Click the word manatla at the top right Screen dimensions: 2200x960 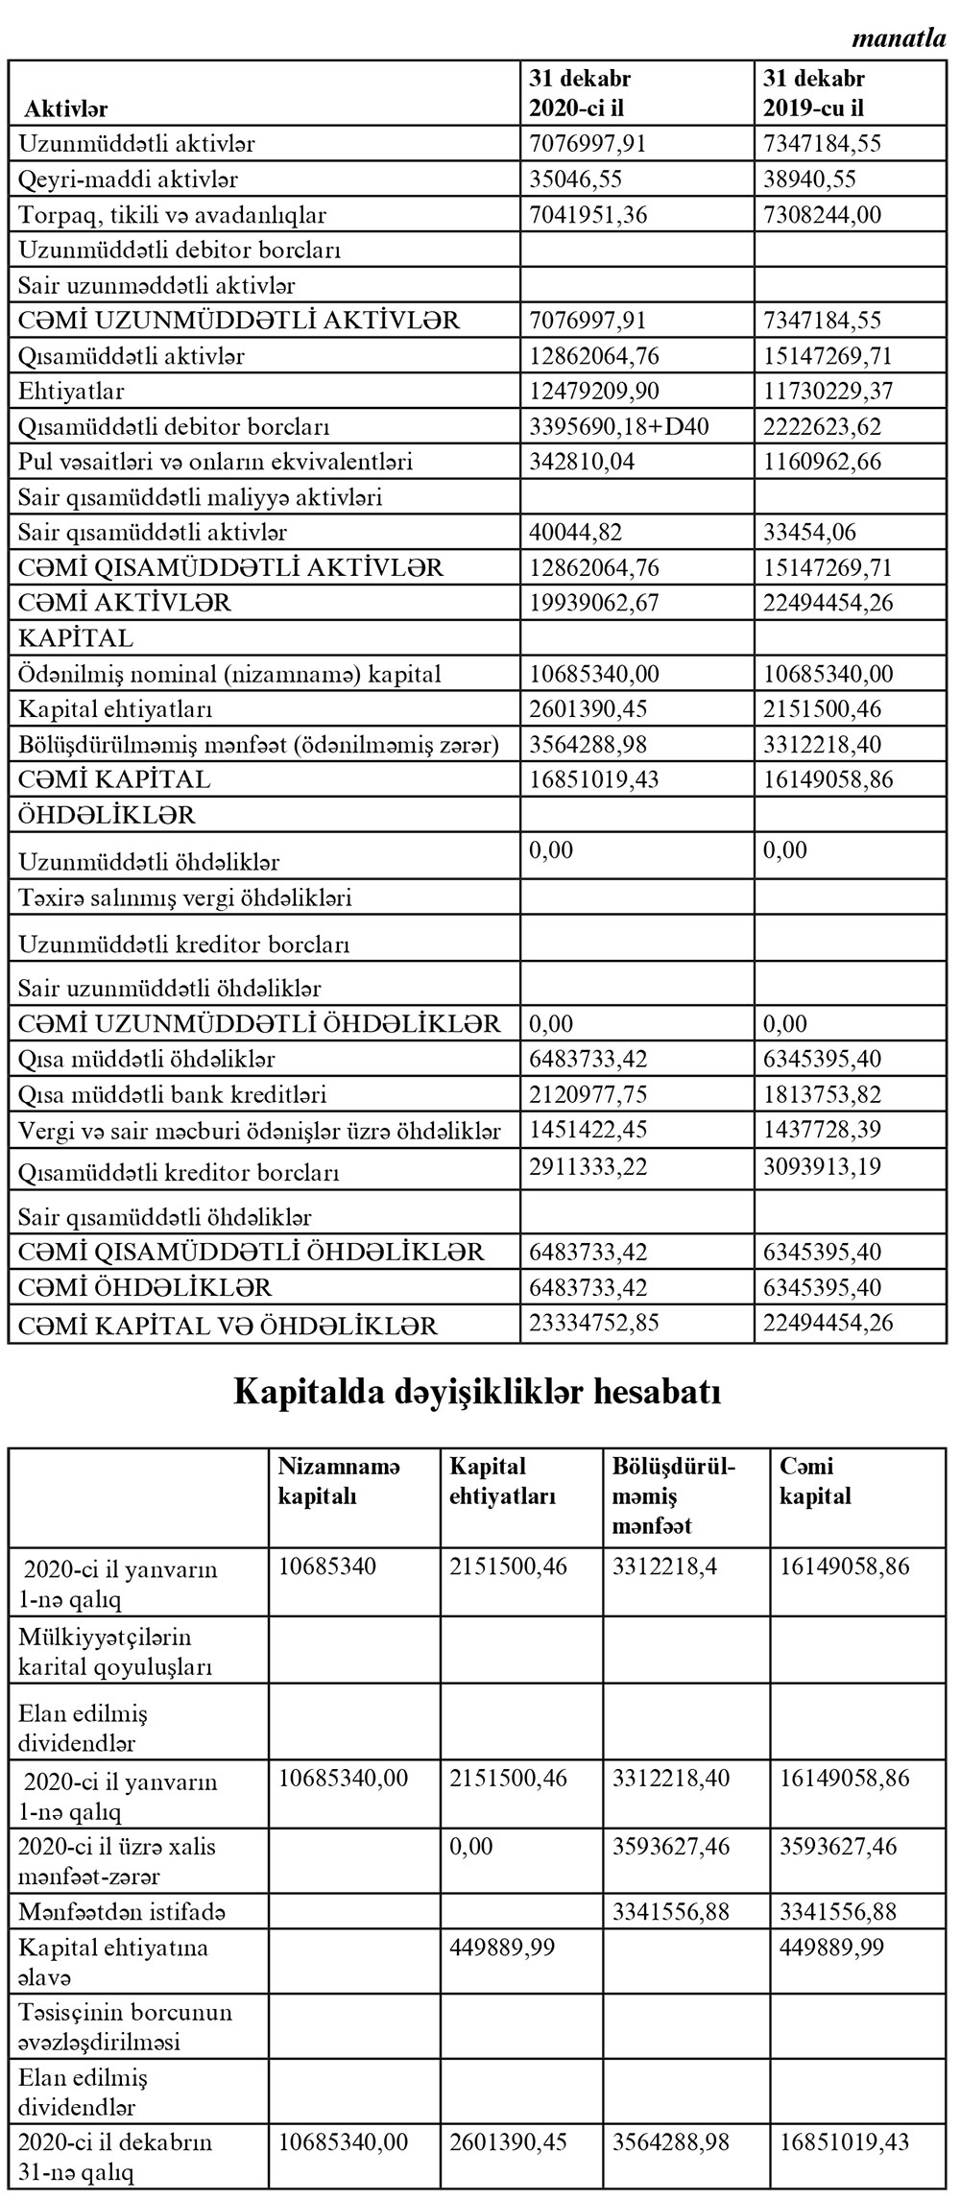tap(899, 40)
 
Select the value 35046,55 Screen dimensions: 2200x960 tap(575, 179)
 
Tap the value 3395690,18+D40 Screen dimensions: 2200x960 tap(619, 426)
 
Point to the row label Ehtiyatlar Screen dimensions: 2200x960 tap(71, 392)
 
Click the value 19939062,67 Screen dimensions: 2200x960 tap(594, 603)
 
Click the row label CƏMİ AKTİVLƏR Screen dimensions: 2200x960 tap(125, 603)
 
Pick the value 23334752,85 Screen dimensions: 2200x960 tap(594, 1323)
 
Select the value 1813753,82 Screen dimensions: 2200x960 tap(828, 1094)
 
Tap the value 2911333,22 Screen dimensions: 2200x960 tap(588, 1167)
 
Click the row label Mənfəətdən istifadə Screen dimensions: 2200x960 tap(122, 1912)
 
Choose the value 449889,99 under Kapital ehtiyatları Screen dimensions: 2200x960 tap(502, 1948)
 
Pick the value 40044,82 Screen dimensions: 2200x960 tap(575, 532)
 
